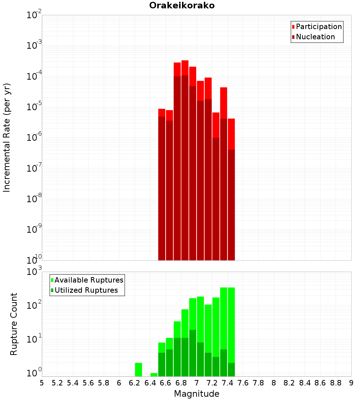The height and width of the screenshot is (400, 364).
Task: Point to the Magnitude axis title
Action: [x=197, y=394]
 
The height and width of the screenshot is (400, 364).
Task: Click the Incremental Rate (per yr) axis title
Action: [x=7, y=137]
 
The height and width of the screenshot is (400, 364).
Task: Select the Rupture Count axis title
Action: [x=14, y=324]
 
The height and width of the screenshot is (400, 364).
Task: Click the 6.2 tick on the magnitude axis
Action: [x=135, y=383]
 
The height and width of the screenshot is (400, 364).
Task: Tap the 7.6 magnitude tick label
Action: [x=243, y=383]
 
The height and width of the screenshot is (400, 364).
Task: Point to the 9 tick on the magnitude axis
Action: [x=351, y=383]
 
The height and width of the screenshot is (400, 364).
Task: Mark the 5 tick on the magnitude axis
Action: [x=42, y=383]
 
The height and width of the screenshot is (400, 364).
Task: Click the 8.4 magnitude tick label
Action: [x=305, y=383]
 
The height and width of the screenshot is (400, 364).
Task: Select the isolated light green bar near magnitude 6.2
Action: [x=138, y=369]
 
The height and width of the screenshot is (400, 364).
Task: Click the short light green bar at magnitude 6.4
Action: [x=154, y=375]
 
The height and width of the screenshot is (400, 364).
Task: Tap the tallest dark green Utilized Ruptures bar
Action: [x=193, y=353]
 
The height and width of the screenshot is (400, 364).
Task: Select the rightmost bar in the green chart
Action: [x=231, y=327]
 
